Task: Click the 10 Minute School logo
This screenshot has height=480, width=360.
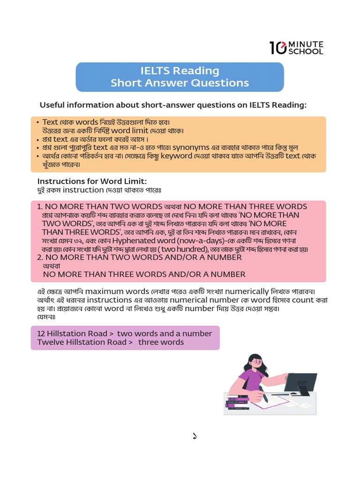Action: pyautogui.click(x=296, y=47)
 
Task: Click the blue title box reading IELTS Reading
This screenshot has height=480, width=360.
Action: pyautogui.click(x=180, y=77)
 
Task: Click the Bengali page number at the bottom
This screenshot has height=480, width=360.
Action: pyautogui.click(x=195, y=436)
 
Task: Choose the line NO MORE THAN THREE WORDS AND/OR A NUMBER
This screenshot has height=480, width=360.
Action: pyautogui.click(x=144, y=274)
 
